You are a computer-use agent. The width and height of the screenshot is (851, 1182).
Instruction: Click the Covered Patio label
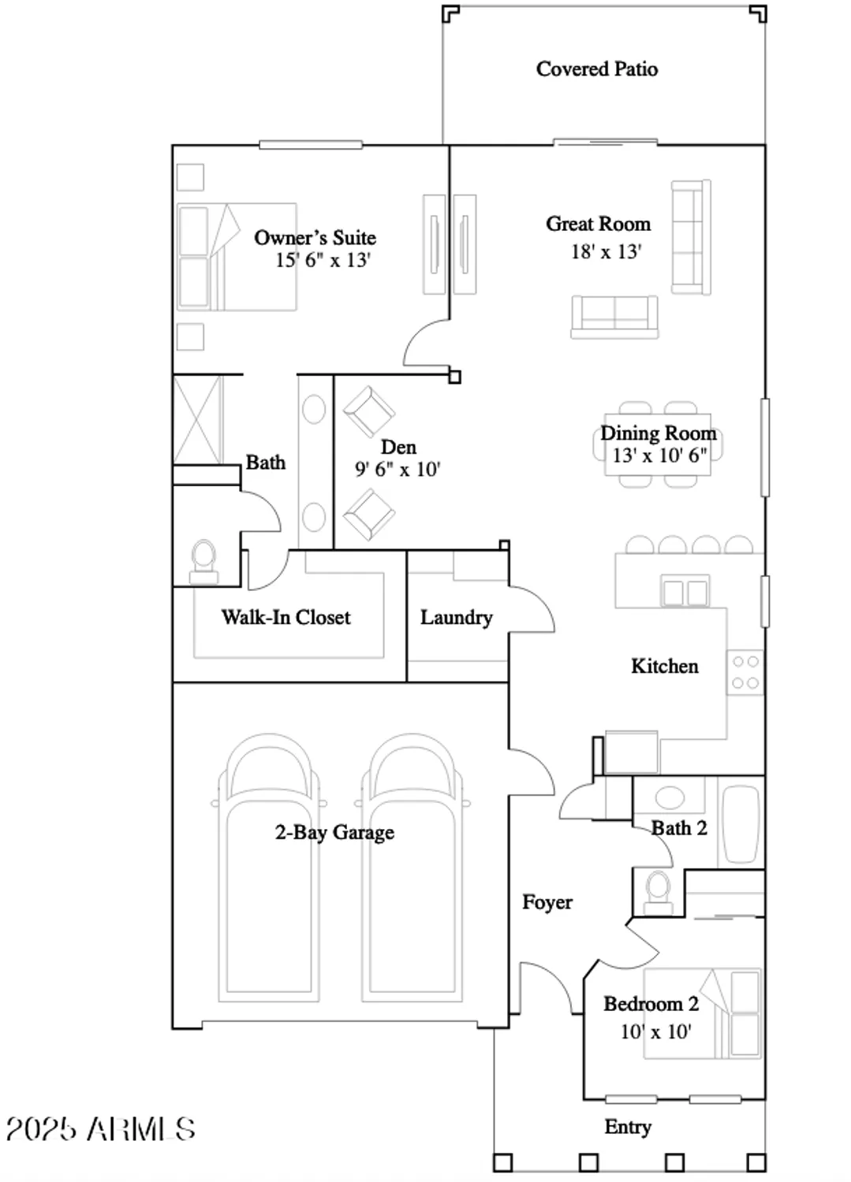(x=596, y=69)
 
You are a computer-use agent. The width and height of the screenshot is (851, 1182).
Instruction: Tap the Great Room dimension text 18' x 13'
(x=606, y=252)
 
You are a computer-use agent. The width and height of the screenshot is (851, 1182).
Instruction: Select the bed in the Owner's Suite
(x=236, y=257)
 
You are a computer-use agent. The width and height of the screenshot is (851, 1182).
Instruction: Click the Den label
(x=398, y=448)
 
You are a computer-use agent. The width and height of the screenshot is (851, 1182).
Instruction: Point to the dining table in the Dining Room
(x=657, y=444)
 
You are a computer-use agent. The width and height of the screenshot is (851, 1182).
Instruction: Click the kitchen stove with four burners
(x=745, y=672)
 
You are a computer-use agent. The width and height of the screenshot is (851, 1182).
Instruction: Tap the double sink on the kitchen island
(x=685, y=592)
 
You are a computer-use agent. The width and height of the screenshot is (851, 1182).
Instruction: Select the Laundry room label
(x=456, y=618)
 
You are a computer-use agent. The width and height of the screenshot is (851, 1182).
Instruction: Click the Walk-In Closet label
(x=286, y=617)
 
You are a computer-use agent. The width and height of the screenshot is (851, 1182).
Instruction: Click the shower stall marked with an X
(x=197, y=419)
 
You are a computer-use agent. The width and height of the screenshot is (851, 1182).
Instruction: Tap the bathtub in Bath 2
(x=741, y=823)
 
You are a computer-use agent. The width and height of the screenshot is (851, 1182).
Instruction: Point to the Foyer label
(x=547, y=902)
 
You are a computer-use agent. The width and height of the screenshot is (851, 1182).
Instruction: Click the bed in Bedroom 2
(x=702, y=1013)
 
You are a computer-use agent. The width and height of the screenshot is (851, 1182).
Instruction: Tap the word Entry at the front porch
(x=628, y=1127)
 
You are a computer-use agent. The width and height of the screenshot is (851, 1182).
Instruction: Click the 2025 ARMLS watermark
(x=100, y=1129)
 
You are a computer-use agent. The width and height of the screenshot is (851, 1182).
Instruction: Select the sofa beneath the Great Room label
(x=614, y=317)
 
